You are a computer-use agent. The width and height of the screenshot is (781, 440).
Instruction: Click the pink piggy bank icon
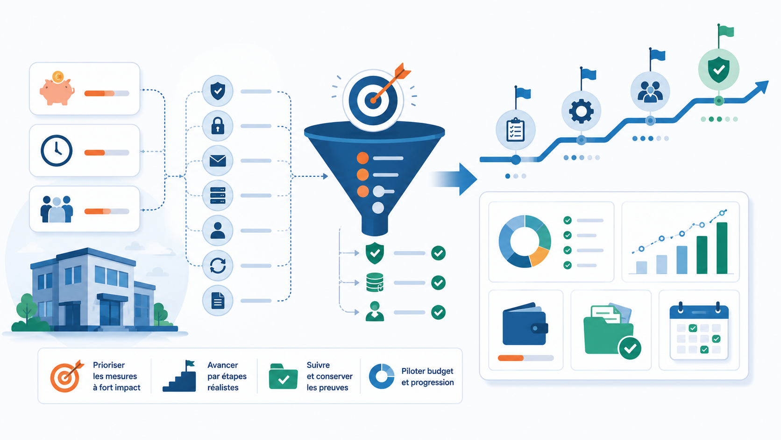(57, 89)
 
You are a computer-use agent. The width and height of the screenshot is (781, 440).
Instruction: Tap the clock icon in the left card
(57, 151)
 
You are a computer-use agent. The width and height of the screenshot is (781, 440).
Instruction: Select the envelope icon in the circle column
(218, 161)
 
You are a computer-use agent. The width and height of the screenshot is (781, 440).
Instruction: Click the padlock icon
(218, 126)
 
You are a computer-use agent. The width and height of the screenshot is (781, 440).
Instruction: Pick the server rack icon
(218, 195)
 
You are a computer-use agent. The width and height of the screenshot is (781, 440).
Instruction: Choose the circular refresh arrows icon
(218, 266)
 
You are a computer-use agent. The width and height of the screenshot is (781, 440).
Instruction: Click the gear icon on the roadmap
(581, 111)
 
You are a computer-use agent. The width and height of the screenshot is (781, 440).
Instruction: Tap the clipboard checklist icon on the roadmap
(515, 130)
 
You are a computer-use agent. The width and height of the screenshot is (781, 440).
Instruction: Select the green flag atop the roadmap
(726, 31)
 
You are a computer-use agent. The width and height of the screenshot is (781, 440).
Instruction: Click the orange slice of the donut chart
(538, 256)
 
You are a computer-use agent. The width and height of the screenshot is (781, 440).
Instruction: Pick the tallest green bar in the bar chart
(722, 248)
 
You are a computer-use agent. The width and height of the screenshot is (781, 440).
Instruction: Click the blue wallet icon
(525, 324)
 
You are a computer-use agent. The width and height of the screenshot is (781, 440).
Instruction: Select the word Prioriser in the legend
(109, 365)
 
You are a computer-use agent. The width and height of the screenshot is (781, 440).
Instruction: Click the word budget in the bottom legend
(440, 371)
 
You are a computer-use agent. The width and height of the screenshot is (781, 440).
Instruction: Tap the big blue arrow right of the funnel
(454, 179)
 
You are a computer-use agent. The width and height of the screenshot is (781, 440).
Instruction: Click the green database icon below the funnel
(375, 282)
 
